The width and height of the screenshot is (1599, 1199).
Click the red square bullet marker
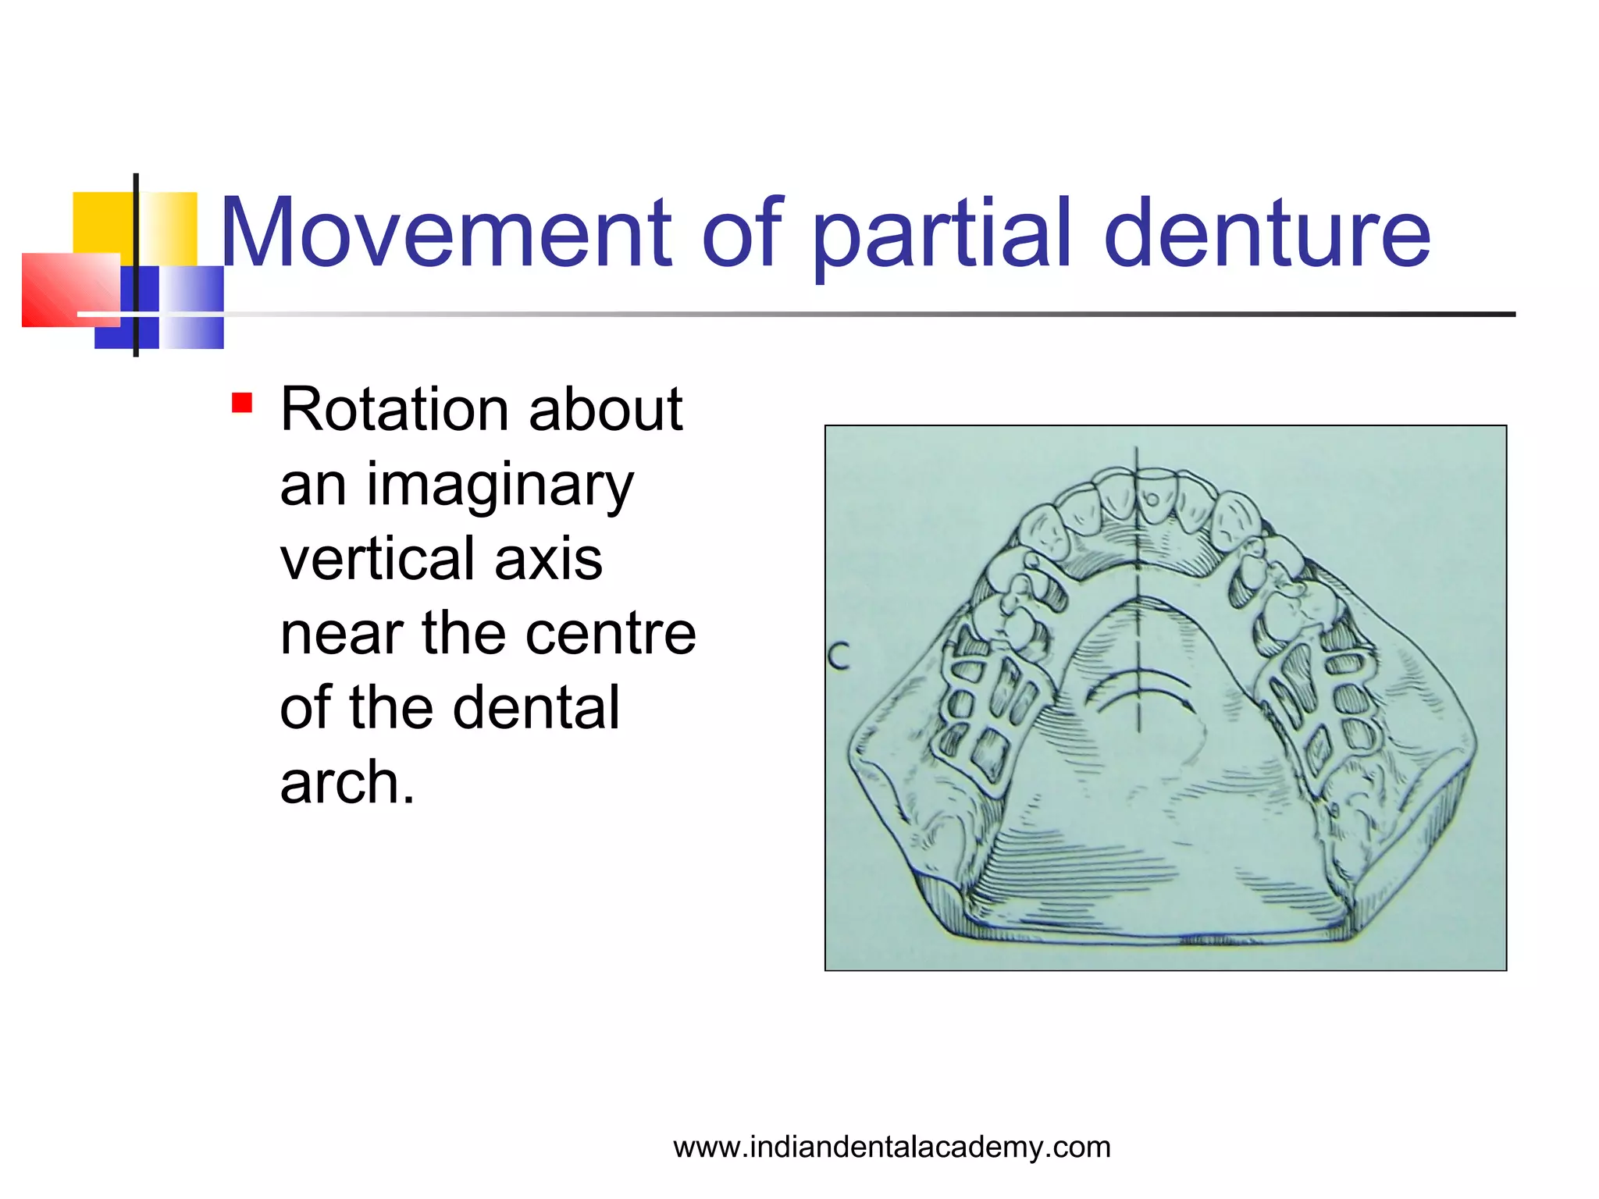point(242,404)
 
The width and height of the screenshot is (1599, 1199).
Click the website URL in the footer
point(892,1147)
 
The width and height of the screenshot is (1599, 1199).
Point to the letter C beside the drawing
point(839,656)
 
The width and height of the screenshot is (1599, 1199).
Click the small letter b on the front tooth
point(1152,497)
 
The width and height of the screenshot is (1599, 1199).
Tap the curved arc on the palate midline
point(1138,687)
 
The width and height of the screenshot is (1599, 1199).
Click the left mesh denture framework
point(984,703)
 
